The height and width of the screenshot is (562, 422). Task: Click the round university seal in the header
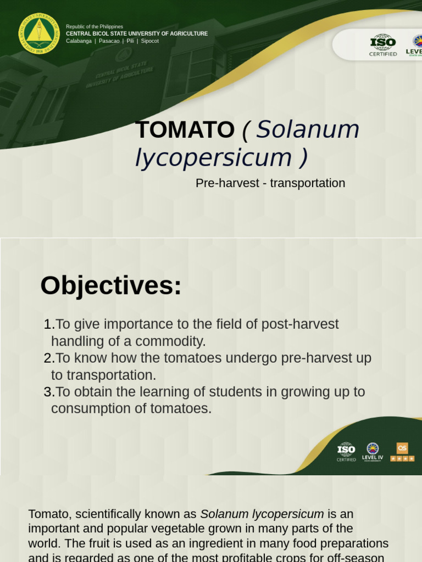pos(38,33)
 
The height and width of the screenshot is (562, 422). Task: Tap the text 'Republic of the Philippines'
pos(95,26)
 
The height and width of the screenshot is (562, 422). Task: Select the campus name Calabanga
pos(79,41)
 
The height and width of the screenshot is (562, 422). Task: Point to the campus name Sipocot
pos(149,41)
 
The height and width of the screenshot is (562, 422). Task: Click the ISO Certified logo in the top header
pos(383,45)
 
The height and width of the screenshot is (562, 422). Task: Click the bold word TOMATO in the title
pos(185,130)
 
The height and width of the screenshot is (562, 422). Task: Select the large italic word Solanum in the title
pos(308,130)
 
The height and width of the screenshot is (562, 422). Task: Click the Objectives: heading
pos(111,286)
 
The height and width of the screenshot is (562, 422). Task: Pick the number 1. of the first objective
pos(49,324)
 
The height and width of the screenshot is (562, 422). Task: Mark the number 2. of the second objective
pos(49,358)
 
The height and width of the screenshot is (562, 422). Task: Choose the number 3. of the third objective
pos(49,392)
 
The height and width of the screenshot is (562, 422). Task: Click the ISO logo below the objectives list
pos(346,451)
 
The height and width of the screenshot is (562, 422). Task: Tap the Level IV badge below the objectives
pos(373,451)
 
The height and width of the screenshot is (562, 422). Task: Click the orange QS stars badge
pos(402,452)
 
